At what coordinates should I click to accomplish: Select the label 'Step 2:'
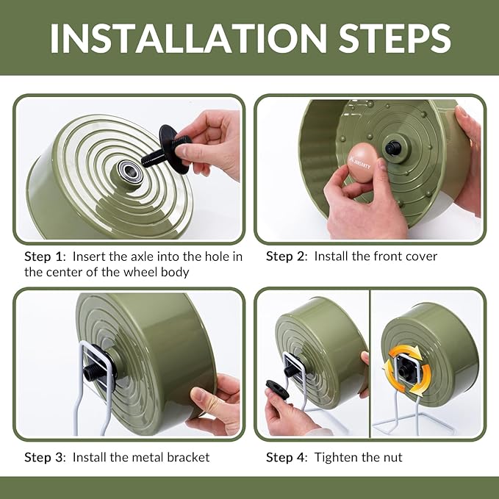click(288, 256)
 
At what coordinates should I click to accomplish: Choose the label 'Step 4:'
click(288, 457)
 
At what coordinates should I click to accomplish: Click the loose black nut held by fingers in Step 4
click(278, 388)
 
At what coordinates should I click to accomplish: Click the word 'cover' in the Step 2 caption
click(420, 256)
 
